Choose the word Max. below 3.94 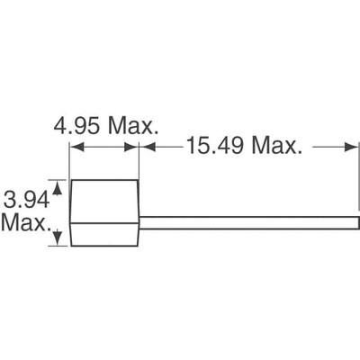pyautogui.click(x=25, y=220)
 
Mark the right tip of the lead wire pyautogui.click(x=356, y=220)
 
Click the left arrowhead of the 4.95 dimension pyautogui.click(x=75, y=143)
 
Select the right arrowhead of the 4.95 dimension pyautogui.click(x=135, y=143)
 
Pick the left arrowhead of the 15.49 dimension pyautogui.click(x=146, y=143)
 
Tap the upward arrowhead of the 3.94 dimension pyautogui.click(x=59, y=185)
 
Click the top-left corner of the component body pyautogui.click(x=71, y=181)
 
